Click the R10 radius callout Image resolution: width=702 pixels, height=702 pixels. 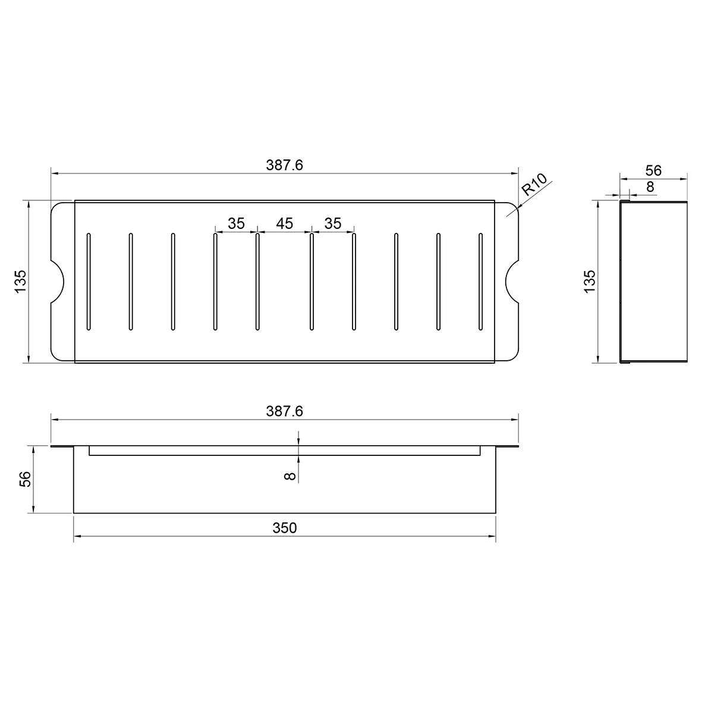(534, 185)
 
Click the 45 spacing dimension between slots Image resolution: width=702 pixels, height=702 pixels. (284, 223)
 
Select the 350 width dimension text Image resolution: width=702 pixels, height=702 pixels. (285, 528)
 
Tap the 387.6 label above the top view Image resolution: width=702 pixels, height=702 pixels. (284, 165)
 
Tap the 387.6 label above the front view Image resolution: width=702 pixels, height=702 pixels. (284, 411)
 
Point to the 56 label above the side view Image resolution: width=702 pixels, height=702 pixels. (653, 171)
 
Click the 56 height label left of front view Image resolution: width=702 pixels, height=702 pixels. (26, 479)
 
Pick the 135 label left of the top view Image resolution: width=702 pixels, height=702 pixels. (21, 282)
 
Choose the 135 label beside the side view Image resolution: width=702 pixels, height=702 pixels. (590, 282)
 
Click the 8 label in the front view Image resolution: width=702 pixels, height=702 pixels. (290, 476)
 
